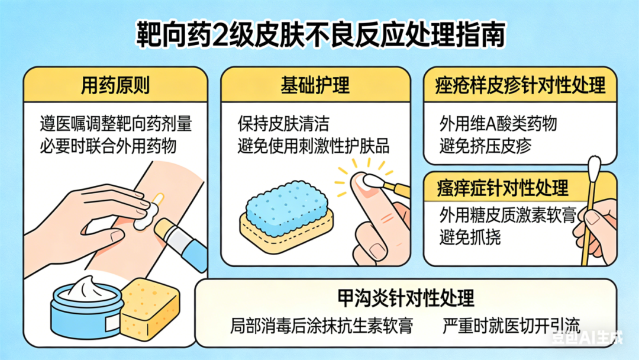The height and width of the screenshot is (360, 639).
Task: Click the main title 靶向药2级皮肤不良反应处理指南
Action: click(320, 35)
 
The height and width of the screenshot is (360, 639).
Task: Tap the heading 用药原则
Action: click(115, 86)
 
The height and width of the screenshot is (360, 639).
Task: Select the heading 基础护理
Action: click(315, 86)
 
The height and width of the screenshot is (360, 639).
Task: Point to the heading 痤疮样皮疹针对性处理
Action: click(520, 86)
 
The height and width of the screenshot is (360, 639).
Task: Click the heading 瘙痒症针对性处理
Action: click(502, 188)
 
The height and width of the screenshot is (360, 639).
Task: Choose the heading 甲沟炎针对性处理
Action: click(406, 298)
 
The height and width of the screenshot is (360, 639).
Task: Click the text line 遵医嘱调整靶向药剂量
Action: click(116, 124)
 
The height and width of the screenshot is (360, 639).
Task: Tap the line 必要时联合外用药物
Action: click(108, 146)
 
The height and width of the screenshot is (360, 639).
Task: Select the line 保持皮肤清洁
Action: click(283, 124)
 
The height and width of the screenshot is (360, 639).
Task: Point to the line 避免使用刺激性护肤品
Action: click(314, 146)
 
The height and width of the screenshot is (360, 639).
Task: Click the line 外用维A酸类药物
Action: click(498, 124)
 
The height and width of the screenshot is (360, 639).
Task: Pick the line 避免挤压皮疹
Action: click(485, 146)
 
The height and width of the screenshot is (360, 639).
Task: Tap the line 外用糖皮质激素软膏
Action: click(508, 215)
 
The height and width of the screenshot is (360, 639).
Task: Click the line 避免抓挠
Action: click(470, 237)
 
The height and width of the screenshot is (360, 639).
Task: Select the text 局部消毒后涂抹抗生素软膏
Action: click(321, 326)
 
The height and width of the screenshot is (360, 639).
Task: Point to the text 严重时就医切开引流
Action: click(511, 326)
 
